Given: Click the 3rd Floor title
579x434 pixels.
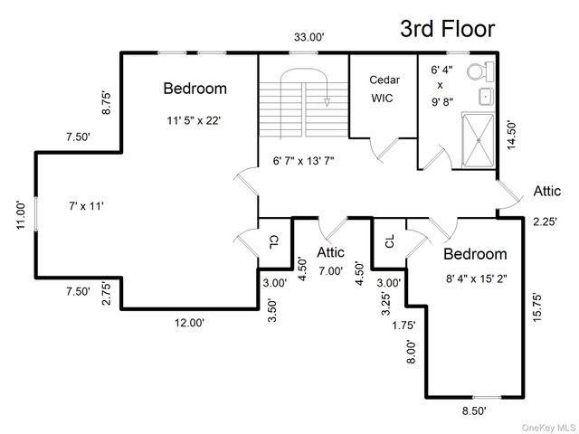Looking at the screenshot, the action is coord(448,29).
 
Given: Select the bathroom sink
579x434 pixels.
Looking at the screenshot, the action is coord(487,97).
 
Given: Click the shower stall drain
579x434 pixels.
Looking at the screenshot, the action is coord(479,140).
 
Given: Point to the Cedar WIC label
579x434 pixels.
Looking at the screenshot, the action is coord(384,89).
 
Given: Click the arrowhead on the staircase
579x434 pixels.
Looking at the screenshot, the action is coord(327,102).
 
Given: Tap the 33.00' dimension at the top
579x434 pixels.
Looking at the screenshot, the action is coord(309,37).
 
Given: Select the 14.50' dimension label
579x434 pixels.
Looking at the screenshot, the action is coord(511,135).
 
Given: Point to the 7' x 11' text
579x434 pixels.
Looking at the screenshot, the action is coord(86,206).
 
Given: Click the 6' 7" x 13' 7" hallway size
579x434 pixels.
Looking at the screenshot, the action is coord(304,161).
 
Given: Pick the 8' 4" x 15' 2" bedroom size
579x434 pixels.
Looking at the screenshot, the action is coord(477,278).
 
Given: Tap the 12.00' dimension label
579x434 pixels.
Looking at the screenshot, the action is coord(189,323).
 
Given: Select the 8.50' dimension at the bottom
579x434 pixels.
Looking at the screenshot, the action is coord(474,410).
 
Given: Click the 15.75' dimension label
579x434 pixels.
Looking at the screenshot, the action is coord(536,307).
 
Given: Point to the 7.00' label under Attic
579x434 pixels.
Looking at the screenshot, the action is coord(330,271).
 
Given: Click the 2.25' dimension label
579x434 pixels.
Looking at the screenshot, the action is coord(545,222).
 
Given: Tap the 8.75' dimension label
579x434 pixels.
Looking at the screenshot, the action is coord(106,103).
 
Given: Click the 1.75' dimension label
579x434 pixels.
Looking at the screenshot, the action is coord(403,325).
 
